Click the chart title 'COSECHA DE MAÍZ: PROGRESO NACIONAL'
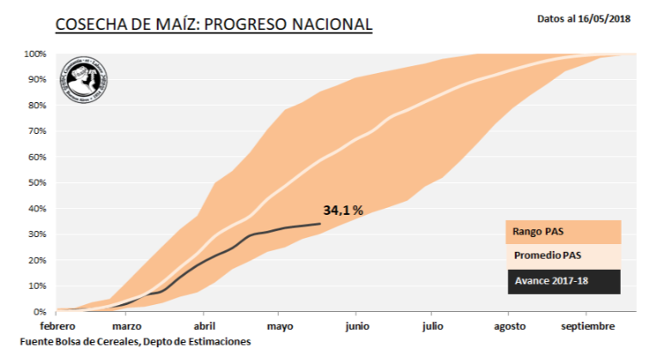point(214,24)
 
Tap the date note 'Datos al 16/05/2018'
point(584,17)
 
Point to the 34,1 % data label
point(343,210)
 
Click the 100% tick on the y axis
point(34,54)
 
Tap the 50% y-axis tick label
point(37,183)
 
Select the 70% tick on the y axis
point(37,131)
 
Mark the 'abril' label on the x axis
point(205,326)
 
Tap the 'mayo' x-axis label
point(280,326)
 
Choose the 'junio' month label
point(357,326)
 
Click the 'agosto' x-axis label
point(509,326)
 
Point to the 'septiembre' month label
point(588,326)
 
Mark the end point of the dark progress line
point(320,223)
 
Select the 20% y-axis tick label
point(37,260)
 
